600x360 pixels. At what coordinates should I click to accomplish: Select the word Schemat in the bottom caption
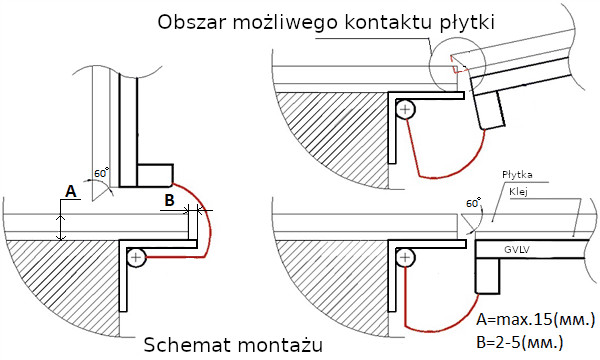tap(186, 345)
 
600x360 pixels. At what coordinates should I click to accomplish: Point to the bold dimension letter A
tap(70, 191)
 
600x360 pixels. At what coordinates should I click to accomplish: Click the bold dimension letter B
tap(169, 200)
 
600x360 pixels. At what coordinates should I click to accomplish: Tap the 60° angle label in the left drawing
tap(101, 173)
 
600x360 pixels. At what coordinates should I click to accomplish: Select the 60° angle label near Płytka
tap(473, 203)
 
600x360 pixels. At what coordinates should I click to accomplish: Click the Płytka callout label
tap(517, 175)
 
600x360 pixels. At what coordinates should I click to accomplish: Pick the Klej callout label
tap(518, 191)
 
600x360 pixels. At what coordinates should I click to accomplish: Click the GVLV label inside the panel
tap(517, 250)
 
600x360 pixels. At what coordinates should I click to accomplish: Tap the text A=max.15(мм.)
tap(536, 320)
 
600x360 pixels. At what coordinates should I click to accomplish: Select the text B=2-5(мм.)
tap(520, 342)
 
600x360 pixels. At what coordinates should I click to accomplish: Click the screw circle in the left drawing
tap(136, 257)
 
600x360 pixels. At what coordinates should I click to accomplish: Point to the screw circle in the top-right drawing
tap(405, 110)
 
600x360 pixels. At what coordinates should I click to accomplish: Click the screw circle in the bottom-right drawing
tap(405, 257)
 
